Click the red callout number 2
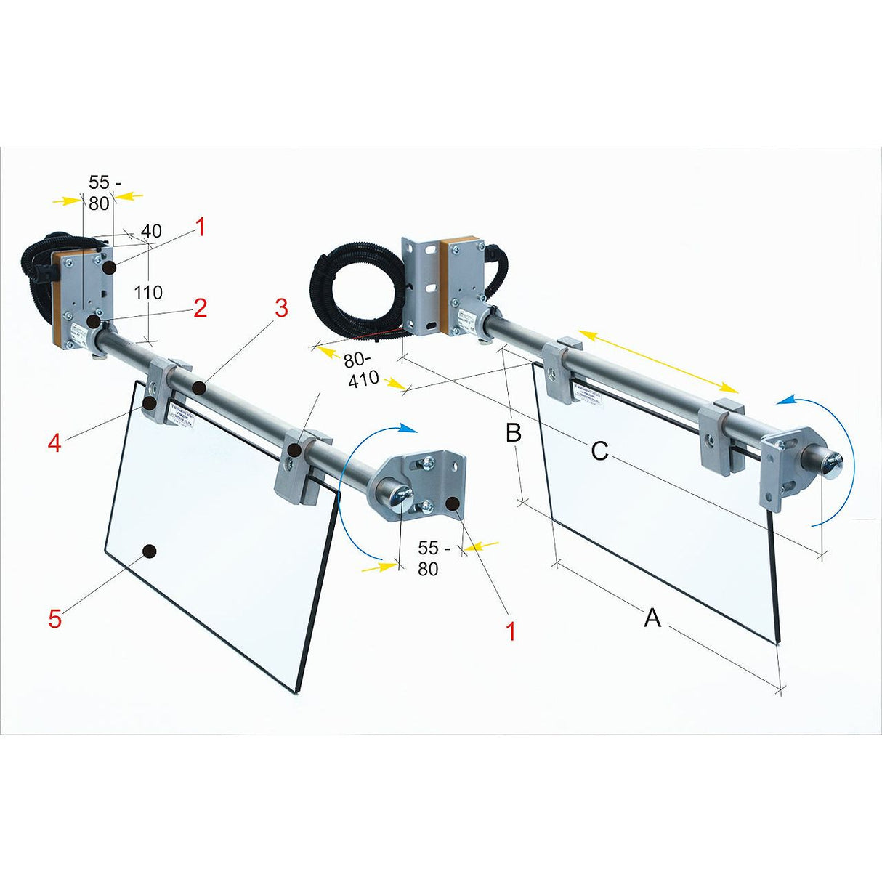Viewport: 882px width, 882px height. tap(200, 308)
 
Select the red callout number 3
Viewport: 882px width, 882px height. tap(280, 308)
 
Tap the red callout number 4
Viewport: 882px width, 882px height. tap(54, 442)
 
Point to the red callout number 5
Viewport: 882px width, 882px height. tap(55, 619)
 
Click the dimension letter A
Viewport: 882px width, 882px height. tap(652, 618)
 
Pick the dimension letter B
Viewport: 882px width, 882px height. tap(513, 433)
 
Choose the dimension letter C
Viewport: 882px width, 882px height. tap(599, 451)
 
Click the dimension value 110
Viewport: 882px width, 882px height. tap(147, 293)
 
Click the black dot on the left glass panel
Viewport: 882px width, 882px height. tap(150, 551)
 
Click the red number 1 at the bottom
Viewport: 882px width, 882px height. tap(511, 631)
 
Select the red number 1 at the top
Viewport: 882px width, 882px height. tap(201, 228)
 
